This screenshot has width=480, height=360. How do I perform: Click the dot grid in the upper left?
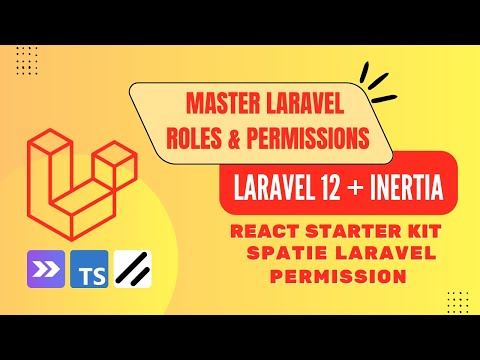[28, 58]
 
